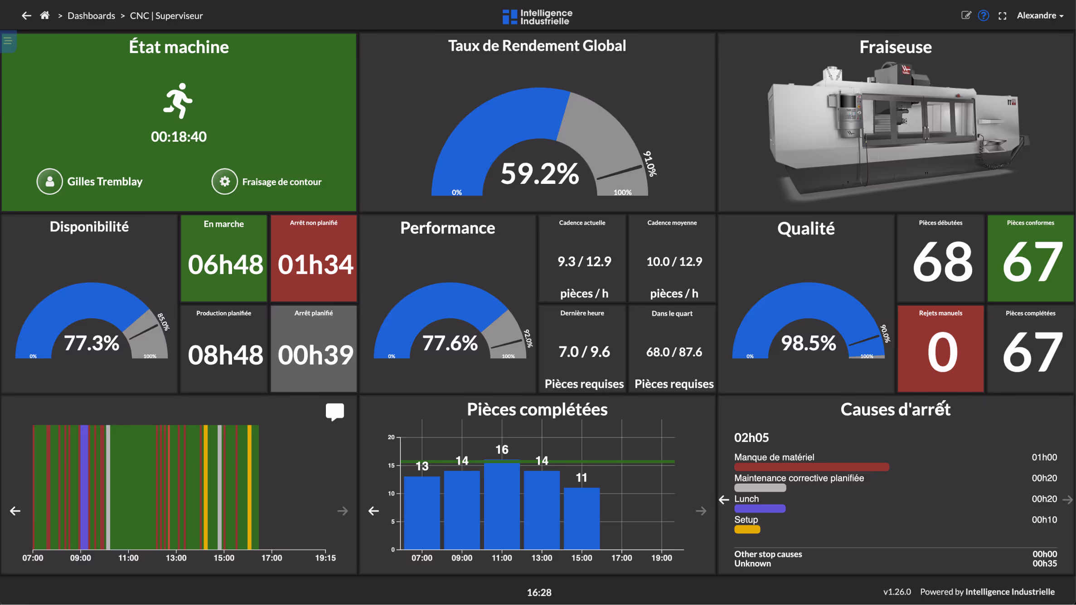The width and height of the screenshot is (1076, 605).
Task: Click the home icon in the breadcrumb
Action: pyautogui.click(x=44, y=15)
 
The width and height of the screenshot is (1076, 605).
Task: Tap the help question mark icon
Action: pyautogui.click(x=983, y=15)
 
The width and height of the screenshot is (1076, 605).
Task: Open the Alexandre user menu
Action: pyautogui.click(x=1040, y=15)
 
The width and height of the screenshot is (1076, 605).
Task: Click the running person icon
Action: pyautogui.click(x=178, y=101)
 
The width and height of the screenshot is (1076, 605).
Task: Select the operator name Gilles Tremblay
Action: pyautogui.click(x=105, y=182)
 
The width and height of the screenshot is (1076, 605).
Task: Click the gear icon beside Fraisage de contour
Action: pyautogui.click(x=224, y=182)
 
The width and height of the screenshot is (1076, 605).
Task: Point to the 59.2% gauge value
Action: pyautogui.click(x=539, y=173)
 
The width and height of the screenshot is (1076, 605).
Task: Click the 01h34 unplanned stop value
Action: pyautogui.click(x=315, y=264)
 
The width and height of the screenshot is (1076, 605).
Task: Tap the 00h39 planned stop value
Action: pyautogui.click(x=315, y=355)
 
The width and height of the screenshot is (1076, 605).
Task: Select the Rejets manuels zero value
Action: pyautogui.click(x=942, y=352)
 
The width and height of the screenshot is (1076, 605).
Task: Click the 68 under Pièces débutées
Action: pyautogui.click(x=942, y=262)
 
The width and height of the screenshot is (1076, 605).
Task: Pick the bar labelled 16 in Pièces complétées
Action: pyautogui.click(x=502, y=505)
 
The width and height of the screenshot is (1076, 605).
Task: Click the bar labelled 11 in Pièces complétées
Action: pyautogui.click(x=582, y=519)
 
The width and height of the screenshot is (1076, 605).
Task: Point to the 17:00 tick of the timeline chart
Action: pyautogui.click(x=271, y=557)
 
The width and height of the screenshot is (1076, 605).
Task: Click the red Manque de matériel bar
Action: pyautogui.click(x=811, y=467)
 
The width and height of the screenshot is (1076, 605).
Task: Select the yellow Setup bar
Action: pyautogui.click(x=747, y=529)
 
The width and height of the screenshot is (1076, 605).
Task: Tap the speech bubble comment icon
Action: pyautogui.click(x=334, y=412)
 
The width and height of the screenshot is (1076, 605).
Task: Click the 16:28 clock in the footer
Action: pyautogui.click(x=539, y=592)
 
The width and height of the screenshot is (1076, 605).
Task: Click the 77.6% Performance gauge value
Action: pyautogui.click(x=450, y=343)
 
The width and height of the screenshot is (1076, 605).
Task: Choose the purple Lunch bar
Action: pyautogui.click(x=760, y=509)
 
